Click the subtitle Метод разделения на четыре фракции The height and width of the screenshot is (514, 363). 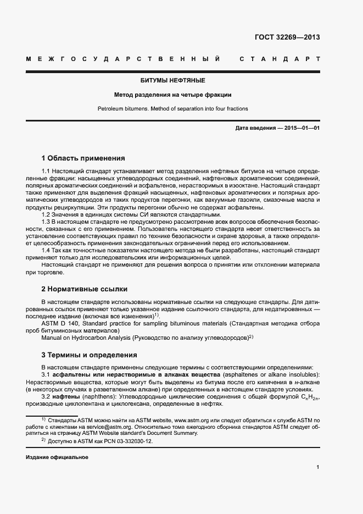172,95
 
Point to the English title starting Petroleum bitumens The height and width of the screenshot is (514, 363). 172,108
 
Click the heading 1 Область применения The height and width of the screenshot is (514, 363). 83,158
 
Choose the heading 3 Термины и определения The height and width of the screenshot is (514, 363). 89,355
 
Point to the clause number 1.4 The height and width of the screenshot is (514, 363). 47,250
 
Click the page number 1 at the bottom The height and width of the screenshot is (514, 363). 318,467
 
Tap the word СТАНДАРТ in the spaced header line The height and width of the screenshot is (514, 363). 280,58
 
